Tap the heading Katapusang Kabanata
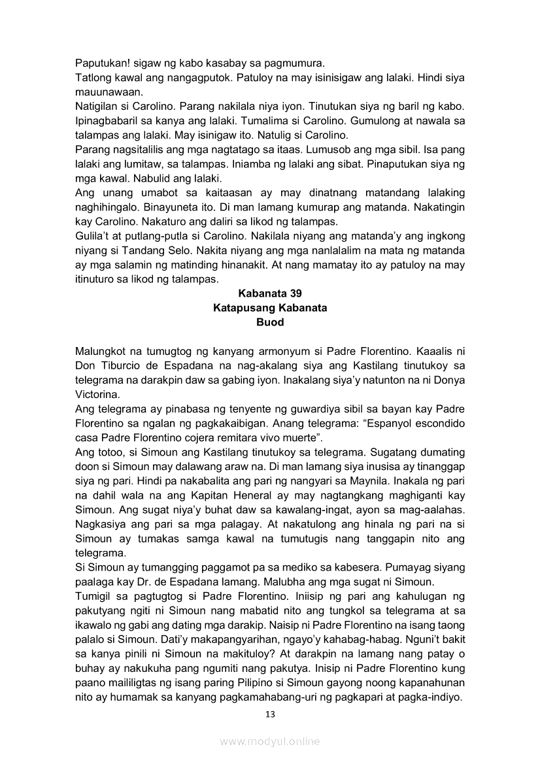pos(270,308)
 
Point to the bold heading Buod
pos(270,322)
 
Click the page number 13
pos(270,714)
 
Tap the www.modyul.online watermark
pos(270,741)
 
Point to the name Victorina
pos(97,395)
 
